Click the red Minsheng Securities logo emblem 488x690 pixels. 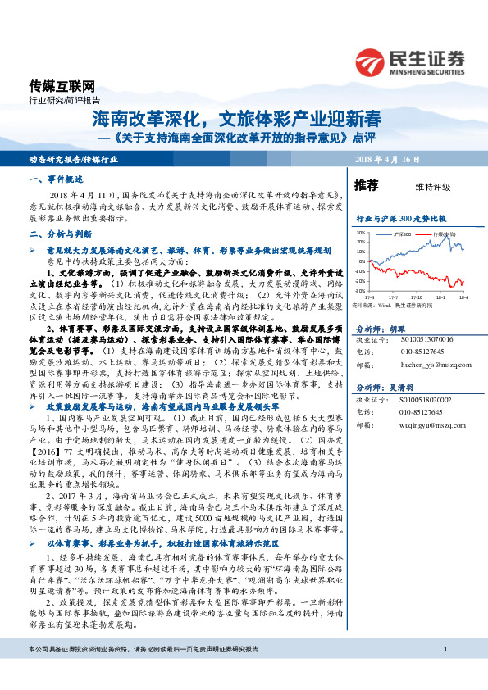(x=372, y=61)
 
